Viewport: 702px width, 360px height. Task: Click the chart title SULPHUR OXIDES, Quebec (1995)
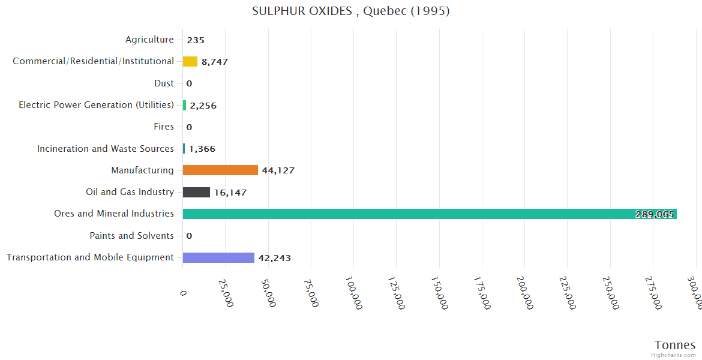click(351, 11)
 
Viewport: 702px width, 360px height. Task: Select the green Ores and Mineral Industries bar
click(430, 214)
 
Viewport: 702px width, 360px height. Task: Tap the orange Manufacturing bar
click(220, 170)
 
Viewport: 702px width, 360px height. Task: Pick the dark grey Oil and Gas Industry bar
click(196, 192)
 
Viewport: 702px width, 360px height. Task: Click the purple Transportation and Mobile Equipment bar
click(218, 257)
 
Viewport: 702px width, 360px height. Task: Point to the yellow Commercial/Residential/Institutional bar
click(190, 61)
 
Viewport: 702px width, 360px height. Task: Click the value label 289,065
click(654, 214)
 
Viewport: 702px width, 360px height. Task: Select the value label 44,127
click(278, 170)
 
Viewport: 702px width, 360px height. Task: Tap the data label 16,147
click(230, 193)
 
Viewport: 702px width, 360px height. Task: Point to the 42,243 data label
click(274, 258)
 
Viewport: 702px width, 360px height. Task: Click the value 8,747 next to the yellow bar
click(214, 62)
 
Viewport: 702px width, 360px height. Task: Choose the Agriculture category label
click(149, 40)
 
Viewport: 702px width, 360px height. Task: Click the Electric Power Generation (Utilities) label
click(96, 105)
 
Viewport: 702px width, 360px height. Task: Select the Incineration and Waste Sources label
click(105, 149)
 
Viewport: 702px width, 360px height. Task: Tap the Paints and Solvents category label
click(131, 236)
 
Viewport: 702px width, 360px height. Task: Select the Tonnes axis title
click(675, 344)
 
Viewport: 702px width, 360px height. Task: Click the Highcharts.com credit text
click(674, 355)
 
